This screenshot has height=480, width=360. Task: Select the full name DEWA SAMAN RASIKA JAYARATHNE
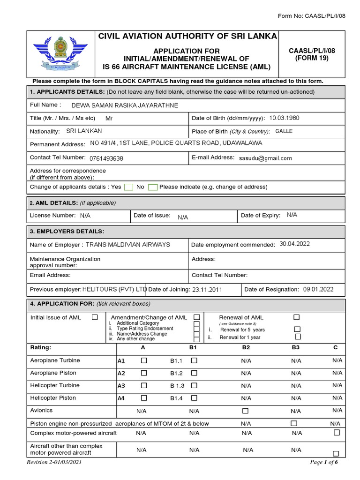[124, 105]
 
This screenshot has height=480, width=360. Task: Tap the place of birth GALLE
[284, 131]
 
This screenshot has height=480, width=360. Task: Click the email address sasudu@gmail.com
[265, 158]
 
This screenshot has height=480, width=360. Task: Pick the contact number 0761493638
[106, 158]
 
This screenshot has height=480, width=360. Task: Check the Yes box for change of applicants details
[128, 187]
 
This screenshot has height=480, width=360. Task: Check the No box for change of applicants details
[152, 187]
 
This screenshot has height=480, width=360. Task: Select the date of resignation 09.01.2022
[318, 289]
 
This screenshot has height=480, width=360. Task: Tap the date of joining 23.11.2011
[207, 290]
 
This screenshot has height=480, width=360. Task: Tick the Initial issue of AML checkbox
[95, 317]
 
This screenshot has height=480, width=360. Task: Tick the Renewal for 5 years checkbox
[297, 330]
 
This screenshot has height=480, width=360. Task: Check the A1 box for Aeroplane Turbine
[144, 360]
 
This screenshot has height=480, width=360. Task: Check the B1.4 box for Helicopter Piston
[194, 398]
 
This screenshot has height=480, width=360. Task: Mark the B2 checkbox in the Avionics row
[245, 411]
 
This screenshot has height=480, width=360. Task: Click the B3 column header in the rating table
[296, 348]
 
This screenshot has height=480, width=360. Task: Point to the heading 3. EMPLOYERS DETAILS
[67, 232]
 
